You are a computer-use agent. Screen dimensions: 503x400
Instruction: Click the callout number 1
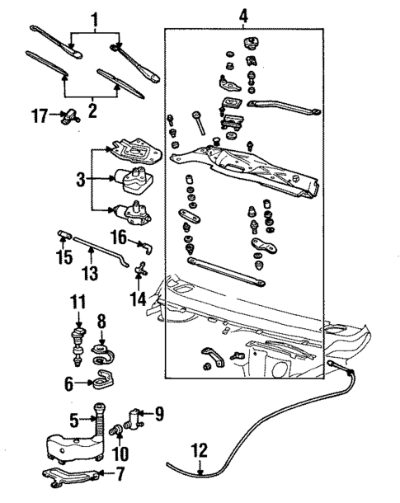pyautogui.click(x=94, y=17)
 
